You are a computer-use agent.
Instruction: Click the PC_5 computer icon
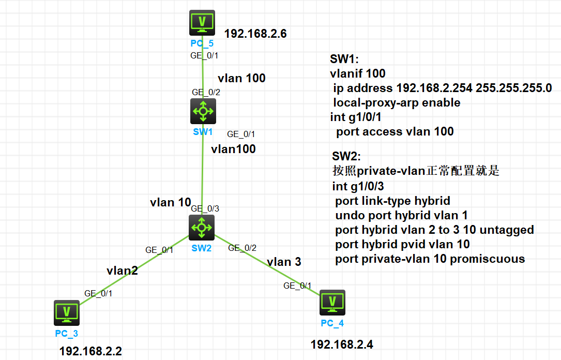pos(202,23)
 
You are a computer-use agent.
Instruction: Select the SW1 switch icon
pos(203,111)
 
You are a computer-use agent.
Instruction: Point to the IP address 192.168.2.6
pos(255,35)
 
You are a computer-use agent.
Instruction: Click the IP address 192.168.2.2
pos(90,351)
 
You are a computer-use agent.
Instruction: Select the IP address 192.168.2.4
pos(341,343)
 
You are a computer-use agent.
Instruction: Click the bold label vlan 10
pos(171,202)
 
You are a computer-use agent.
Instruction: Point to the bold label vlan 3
pos(284,262)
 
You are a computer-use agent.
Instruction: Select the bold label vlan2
pos(122,270)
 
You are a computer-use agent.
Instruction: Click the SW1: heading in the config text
pos(344,59)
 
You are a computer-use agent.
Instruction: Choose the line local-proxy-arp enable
pos(397,102)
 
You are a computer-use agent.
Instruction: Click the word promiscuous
pos(488,259)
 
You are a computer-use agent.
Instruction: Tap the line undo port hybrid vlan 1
pos(401,215)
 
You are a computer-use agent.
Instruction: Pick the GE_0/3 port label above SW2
pos(205,209)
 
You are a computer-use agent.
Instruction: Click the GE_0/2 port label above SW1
pos(206,92)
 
